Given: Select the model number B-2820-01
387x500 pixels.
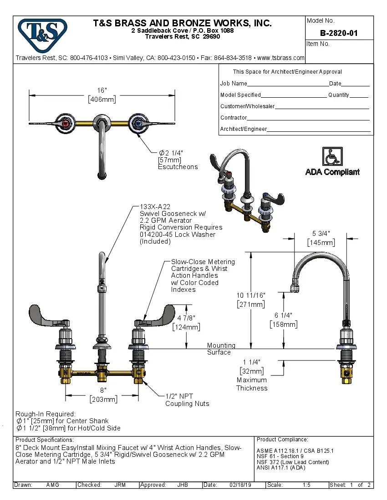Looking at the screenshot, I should pyautogui.click(x=339, y=33).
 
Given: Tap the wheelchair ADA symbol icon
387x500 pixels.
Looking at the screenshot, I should pyautogui.click(x=332, y=157).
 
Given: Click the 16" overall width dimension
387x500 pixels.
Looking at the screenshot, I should pyautogui.click(x=102, y=90).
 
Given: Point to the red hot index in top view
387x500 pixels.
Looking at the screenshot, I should pyautogui.click(x=66, y=123).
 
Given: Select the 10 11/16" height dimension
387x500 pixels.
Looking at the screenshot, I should pyautogui.click(x=250, y=295).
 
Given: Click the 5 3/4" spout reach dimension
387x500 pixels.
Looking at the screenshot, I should pyautogui.click(x=321, y=233).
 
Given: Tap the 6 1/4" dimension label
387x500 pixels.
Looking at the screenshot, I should pyautogui.click(x=283, y=315).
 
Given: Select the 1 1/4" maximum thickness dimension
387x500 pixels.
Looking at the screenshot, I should pyautogui.click(x=252, y=362).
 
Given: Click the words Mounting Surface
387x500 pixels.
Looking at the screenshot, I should pyautogui.click(x=221, y=349).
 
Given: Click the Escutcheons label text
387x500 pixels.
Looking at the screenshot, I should pyautogui.click(x=178, y=167).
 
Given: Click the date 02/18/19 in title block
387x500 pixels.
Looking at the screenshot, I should pyautogui.click(x=240, y=485).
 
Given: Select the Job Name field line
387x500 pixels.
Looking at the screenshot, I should pyautogui.click(x=288, y=84).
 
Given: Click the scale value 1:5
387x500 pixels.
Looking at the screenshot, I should pyautogui.click(x=307, y=485).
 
